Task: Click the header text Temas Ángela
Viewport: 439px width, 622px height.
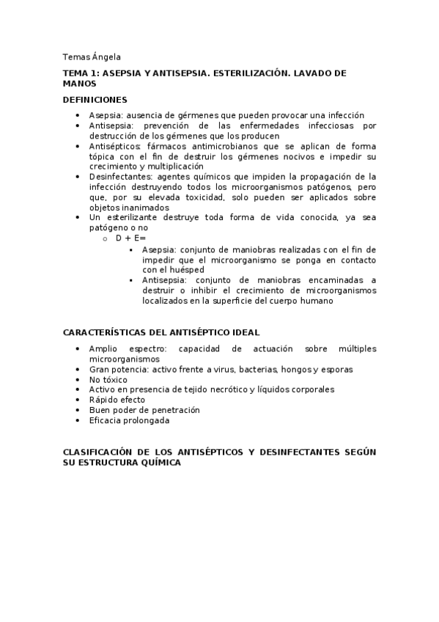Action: click(92, 57)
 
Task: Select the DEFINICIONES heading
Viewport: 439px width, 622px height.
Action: click(95, 100)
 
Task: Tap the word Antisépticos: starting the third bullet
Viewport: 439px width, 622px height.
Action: click(115, 146)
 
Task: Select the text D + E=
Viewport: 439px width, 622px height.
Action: click(131, 238)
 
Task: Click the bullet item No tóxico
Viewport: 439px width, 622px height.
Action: click(108, 380)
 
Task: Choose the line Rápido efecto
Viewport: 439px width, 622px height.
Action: click(117, 400)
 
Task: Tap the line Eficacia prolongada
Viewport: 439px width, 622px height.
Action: click(129, 421)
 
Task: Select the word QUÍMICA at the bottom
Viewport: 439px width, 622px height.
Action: click(157, 464)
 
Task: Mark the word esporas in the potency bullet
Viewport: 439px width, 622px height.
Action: click(317, 370)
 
